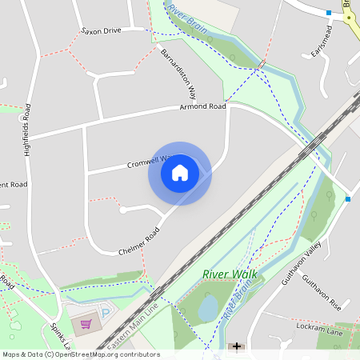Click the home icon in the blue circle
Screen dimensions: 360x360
180,173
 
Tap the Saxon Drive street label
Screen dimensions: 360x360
101,30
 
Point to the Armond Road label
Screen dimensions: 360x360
202,106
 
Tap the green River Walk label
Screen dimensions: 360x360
225,274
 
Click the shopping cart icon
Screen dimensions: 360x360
86,324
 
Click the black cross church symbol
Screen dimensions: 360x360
236,346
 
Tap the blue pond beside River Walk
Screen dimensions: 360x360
207,306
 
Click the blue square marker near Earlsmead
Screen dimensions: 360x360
329,13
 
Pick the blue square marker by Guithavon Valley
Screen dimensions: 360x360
348,198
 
